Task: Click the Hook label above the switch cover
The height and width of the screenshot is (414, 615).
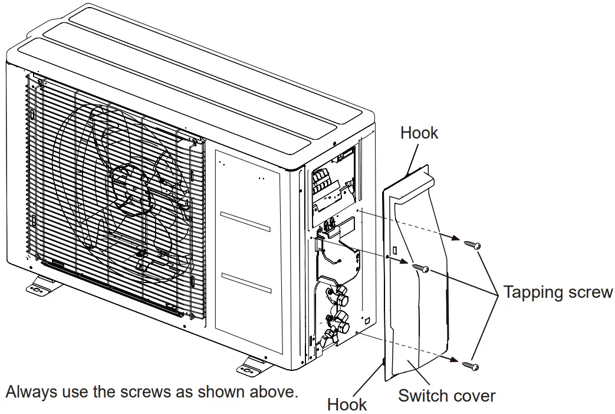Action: [x=419, y=133]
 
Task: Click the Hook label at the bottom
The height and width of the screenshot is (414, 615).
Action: [x=347, y=405]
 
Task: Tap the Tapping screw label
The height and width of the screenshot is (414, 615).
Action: [x=557, y=293]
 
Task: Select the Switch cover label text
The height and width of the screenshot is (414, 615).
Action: [x=446, y=395]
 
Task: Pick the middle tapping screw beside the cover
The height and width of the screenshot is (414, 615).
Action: [x=420, y=268]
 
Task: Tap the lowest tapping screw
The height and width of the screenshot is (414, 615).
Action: [x=471, y=366]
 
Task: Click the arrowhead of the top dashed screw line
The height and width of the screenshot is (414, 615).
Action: [x=456, y=238]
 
